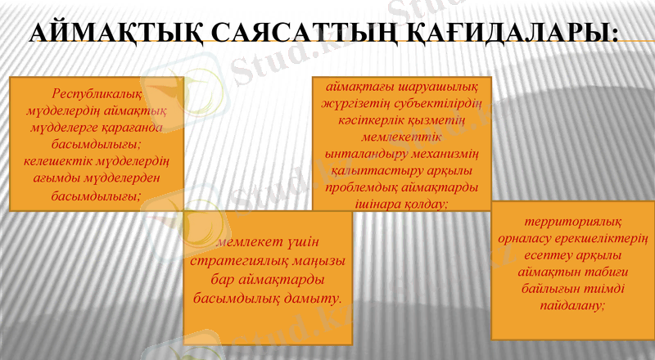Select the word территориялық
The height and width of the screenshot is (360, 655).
pos(573,221)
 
